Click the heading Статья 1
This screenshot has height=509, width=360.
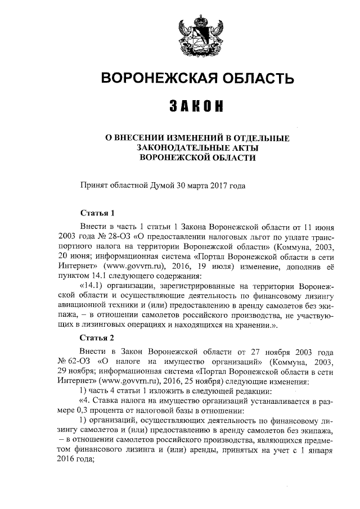[x=97, y=213]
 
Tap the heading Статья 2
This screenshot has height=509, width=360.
[x=97, y=337]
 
